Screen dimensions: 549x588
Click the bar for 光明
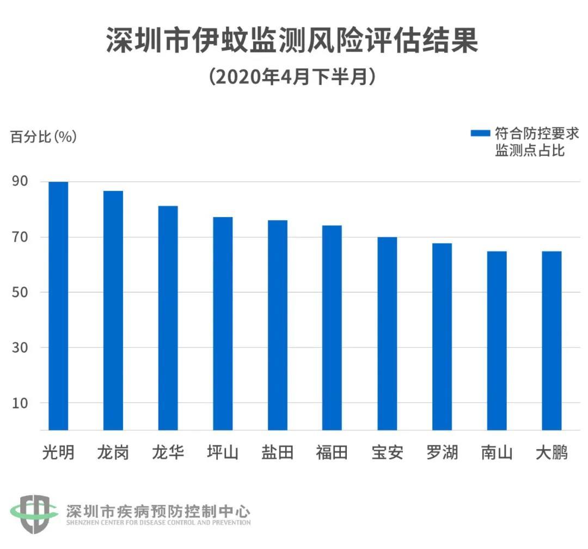[x=58, y=306]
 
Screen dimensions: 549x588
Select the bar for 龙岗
[x=113, y=310]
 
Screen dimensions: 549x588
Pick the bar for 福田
[x=332, y=328]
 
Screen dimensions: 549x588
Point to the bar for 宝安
[x=387, y=334]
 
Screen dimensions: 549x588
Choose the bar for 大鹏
[x=552, y=341]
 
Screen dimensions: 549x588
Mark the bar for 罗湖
[x=442, y=336]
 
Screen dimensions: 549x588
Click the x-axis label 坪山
[x=223, y=453]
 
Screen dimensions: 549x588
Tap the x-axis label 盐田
[x=278, y=453]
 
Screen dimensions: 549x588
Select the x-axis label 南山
[x=497, y=453]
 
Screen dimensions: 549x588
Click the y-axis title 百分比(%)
[x=44, y=137]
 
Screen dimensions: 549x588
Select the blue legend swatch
[x=480, y=132]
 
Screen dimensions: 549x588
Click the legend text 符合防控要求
[x=536, y=132]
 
